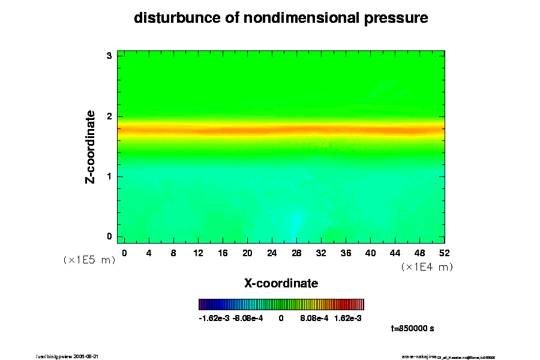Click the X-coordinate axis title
click(x=281, y=283)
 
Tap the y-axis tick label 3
click(x=109, y=56)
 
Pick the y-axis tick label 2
click(x=109, y=116)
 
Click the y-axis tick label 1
click(x=109, y=176)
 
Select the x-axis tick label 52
click(x=445, y=253)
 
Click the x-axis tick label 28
click(x=296, y=253)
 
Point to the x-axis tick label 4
click(x=149, y=253)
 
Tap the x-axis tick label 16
click(x=223, y=253)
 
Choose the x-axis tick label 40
click(x=371, y=253)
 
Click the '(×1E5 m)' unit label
click(x=89, y=260)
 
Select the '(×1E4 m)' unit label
click(x=427, y=267)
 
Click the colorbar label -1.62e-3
click(x=214, y=319)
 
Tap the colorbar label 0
click(x=281, y=319)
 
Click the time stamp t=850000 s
click(x=412, y=329)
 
